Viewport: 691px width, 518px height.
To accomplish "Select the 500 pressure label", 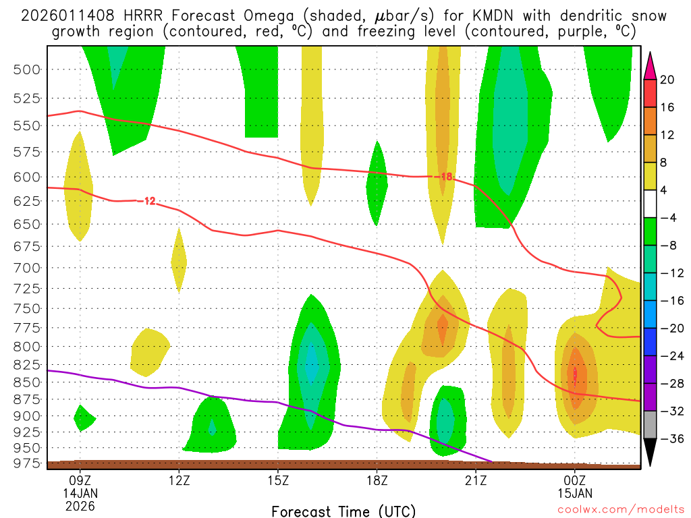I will coord(28,69).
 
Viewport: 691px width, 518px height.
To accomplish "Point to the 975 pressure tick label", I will coord(28,463).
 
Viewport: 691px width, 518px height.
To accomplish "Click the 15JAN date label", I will coord(574,493).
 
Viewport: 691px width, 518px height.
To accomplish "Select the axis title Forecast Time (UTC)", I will coord(343,511).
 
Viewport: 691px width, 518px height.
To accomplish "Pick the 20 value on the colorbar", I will coord(667,80).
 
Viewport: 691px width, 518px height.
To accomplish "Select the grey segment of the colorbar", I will coord(651,424).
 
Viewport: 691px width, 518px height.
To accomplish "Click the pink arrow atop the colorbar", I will coord(651,65).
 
